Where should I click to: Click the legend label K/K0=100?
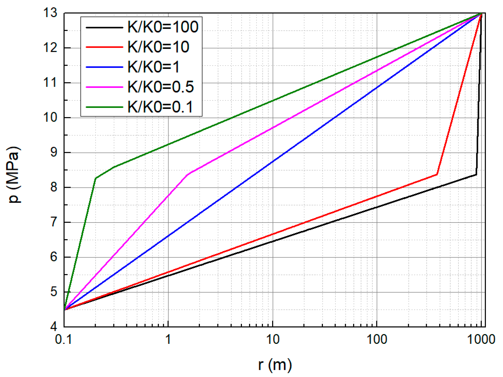[x=163, y=27]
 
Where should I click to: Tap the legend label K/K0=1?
[x=153, y=67]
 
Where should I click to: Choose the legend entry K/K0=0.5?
[x=160, y=87]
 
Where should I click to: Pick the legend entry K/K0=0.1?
[x=160, y=107]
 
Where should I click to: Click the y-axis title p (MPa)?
[x=14, y=175]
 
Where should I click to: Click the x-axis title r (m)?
[x=275, y=365]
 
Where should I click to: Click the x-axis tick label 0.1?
[x=63, y=339]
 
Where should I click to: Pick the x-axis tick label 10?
[x=273, y=339]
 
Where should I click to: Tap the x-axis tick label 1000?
[x=481, y=339]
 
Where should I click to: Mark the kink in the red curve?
[x=437, y=174]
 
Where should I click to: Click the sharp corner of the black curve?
[x=476, y=174]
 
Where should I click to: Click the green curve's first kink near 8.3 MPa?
[x=95, y=178]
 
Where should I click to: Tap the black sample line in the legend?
[x=104, y=27]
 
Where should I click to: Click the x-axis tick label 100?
[x=377, y=339]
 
